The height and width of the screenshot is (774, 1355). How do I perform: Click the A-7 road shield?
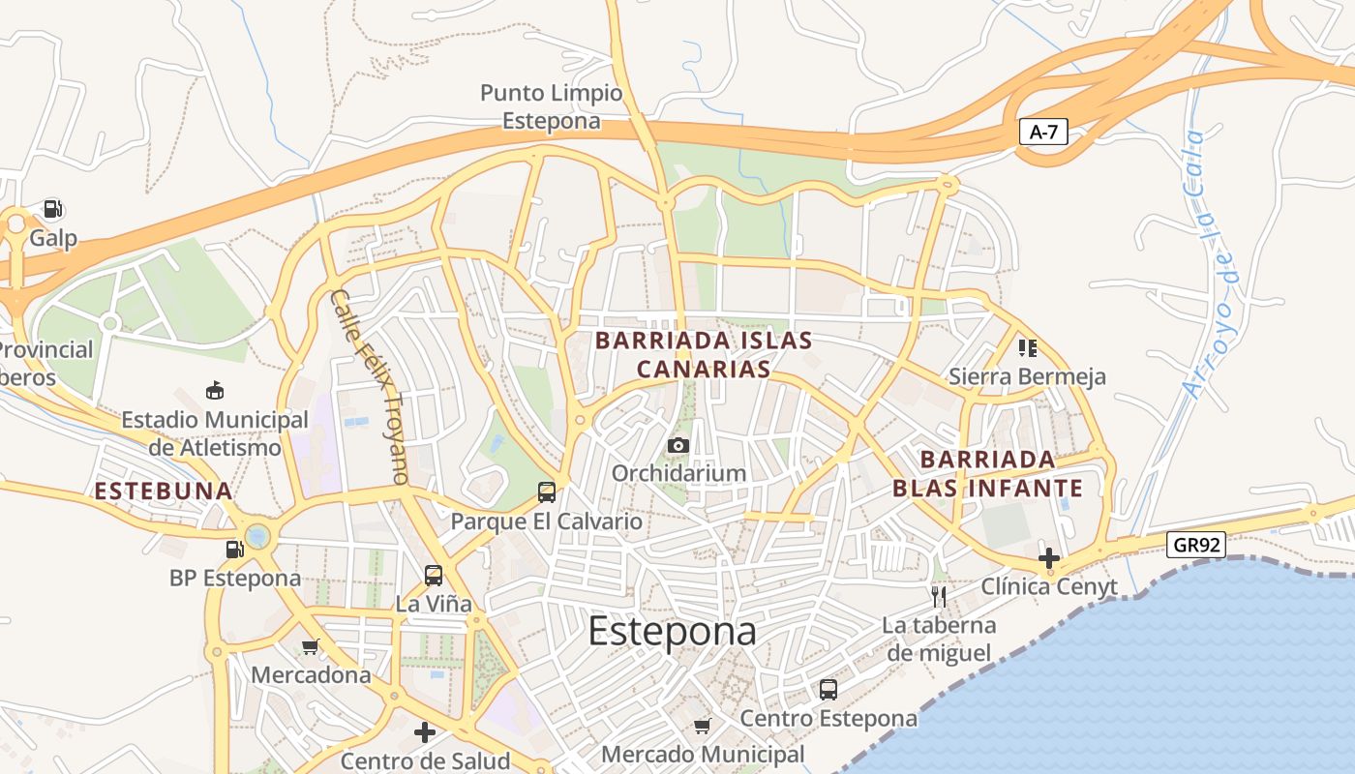(x=1042, y=133)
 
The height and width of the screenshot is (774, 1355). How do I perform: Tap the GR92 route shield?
(x=1195, y=545)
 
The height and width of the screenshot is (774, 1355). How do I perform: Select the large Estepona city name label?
(x=672, y=631)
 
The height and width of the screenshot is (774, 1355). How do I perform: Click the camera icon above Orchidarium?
(x=678, y=445)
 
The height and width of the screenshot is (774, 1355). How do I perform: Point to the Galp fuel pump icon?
(x=52, y=209)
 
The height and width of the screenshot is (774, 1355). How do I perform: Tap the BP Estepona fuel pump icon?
(x=234, y=550)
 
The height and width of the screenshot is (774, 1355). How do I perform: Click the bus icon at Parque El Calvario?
(x=547, y=492)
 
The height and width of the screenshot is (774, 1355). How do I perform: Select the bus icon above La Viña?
(x=434, y=576)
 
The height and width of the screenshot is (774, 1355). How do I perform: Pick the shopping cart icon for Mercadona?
(x=311, y=646)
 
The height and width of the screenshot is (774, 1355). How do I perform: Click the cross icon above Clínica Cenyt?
(x=1048, y=558)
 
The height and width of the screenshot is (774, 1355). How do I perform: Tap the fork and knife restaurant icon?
(x=938, y=595)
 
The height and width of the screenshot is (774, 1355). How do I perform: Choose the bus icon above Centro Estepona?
(x=828, y=690)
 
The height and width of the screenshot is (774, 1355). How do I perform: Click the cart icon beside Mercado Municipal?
(x=703, y=726)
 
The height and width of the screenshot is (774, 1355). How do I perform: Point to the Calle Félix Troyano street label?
(x=370, y=387)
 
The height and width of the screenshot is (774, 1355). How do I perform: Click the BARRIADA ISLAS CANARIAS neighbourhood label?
(x=704, y=355)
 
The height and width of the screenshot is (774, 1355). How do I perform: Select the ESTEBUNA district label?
(x=163, y=491)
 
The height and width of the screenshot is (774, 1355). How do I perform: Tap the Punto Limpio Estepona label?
(x=552, y=107)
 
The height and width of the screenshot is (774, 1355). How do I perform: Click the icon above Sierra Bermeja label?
(x=1027, y=347)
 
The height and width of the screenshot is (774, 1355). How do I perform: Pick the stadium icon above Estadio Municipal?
(x=215, y=391)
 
